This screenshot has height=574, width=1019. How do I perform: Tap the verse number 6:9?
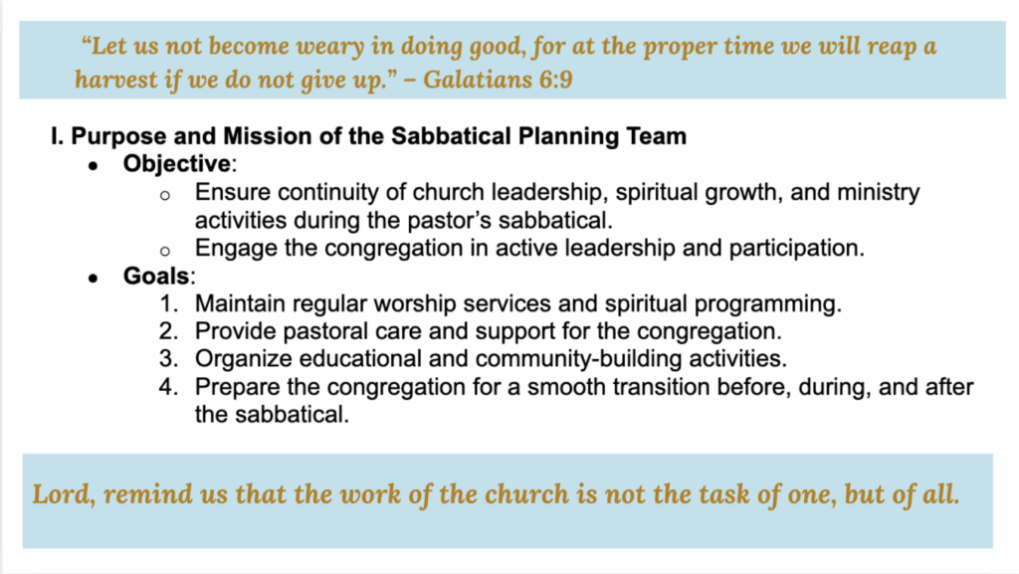point(555,80)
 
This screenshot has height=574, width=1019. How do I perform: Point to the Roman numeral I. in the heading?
point(57,136)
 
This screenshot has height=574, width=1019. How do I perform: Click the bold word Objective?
point(177,163)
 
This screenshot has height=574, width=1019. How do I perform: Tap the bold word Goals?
point(156,276)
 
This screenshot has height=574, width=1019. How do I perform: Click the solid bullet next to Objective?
point(93,167)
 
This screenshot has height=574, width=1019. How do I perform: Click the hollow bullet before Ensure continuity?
point(165,195)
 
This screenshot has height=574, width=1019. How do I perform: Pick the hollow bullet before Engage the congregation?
point(165,252)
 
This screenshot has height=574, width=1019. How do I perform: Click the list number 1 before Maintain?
point(168,303)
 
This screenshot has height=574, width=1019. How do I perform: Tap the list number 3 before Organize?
point(168,359)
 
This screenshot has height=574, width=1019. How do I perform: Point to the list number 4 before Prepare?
point(168,387)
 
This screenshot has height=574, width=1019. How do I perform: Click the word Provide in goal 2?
point(235,331)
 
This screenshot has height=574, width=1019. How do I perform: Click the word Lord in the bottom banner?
point(64,494)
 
